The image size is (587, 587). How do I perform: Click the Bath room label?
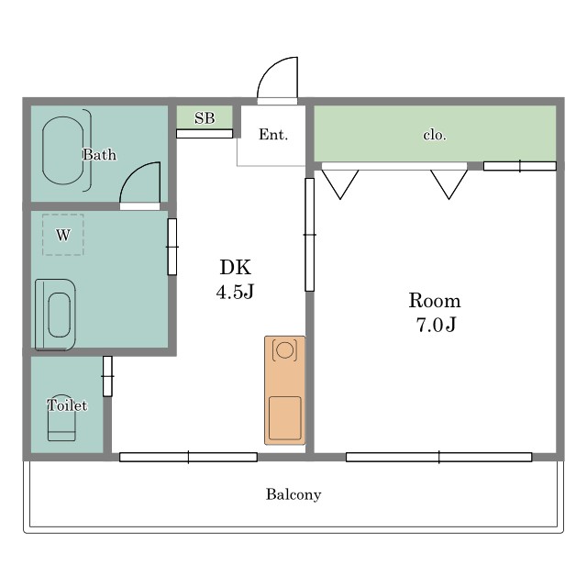99,155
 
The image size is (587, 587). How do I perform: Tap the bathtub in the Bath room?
63,150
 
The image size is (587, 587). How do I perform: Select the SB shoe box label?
205,118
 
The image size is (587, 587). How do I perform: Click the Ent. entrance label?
273,135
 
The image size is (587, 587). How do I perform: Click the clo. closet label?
435,135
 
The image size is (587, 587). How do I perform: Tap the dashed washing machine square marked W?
63,235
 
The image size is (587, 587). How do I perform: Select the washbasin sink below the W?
55,315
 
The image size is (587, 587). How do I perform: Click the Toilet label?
67,405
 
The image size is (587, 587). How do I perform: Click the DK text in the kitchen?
236,267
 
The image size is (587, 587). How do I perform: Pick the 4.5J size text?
235,291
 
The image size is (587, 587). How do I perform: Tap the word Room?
435,301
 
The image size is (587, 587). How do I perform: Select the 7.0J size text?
437,324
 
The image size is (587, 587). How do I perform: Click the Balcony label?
293,494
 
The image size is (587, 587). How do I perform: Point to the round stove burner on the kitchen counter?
285,350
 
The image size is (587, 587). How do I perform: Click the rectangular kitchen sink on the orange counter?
285,418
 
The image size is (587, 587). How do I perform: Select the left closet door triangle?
340,184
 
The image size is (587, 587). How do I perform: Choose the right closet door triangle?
449,184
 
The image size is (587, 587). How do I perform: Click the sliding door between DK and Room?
310,235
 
